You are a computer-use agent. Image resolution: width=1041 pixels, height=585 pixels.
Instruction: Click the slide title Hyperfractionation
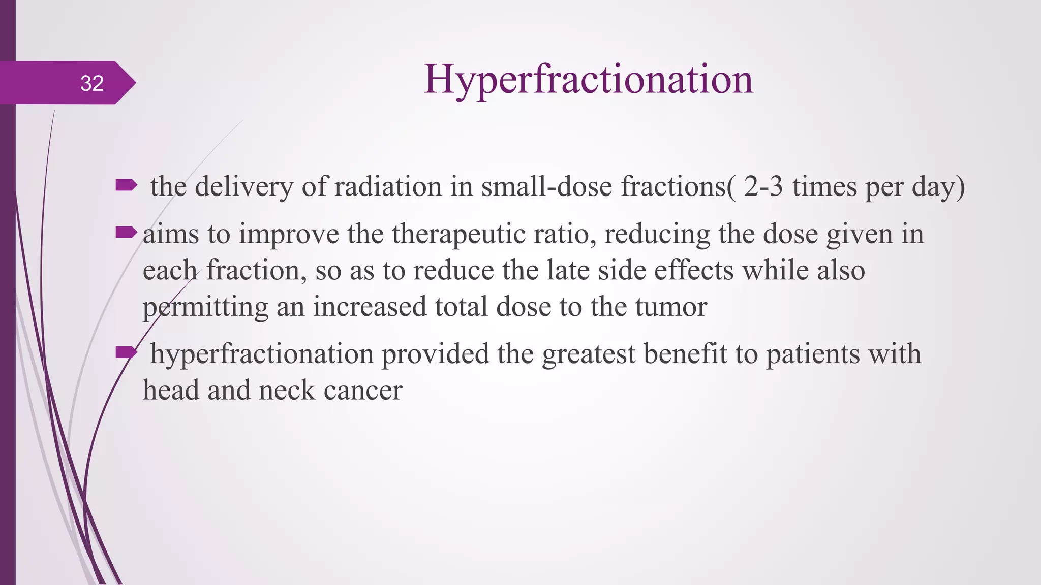pos(588,80)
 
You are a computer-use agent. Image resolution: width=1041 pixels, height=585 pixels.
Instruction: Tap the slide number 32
pos(92,83)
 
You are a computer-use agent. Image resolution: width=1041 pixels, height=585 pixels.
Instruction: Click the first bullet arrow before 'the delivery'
pos(126,185)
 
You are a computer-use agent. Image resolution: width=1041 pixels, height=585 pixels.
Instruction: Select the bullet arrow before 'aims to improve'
pos(126,233)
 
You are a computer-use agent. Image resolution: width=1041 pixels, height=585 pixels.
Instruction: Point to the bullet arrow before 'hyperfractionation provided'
pos(126,352)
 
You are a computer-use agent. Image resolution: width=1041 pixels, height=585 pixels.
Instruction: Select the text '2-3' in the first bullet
pos(763,186)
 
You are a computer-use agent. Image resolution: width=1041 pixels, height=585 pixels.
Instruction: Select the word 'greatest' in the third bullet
pos(588,354)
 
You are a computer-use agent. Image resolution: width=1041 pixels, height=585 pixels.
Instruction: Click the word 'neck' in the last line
pos(287,391)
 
